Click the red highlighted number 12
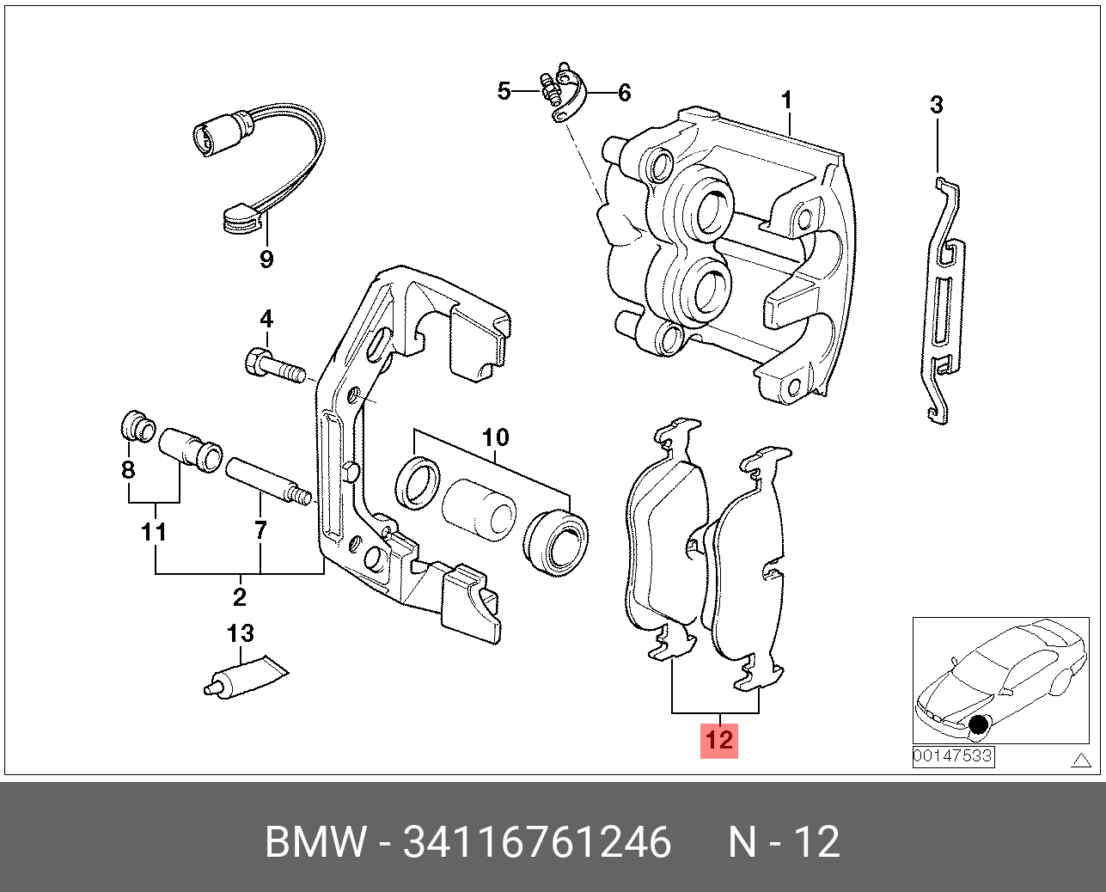pyautogui.click(x=718, y=739)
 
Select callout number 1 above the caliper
pyautogui.click(x=786, y=101)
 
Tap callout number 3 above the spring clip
pyautogui.click(x=937, y=105)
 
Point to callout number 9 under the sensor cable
pyautogui.click(x=266, y=259)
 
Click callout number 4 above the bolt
pyautogui.click(x=266, y=320)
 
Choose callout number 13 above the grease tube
pyautogui.click(x=241, y=634)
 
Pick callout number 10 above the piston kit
pyautogui.click(x=496, y=437)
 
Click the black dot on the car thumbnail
pyautogui.click(x=978, y=726)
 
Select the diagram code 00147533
pyautogui.click(x=953, y=756)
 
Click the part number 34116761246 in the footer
pyautogui.click(x=537, y=842)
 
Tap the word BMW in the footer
pyautogui.click(x=315, y=842)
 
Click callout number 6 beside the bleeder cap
pyautogui.click(x=624, y=92)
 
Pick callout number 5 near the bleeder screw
pyautogui.click(x=504, y=90)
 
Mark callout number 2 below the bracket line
pyautogui.click(x=240, y=596)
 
